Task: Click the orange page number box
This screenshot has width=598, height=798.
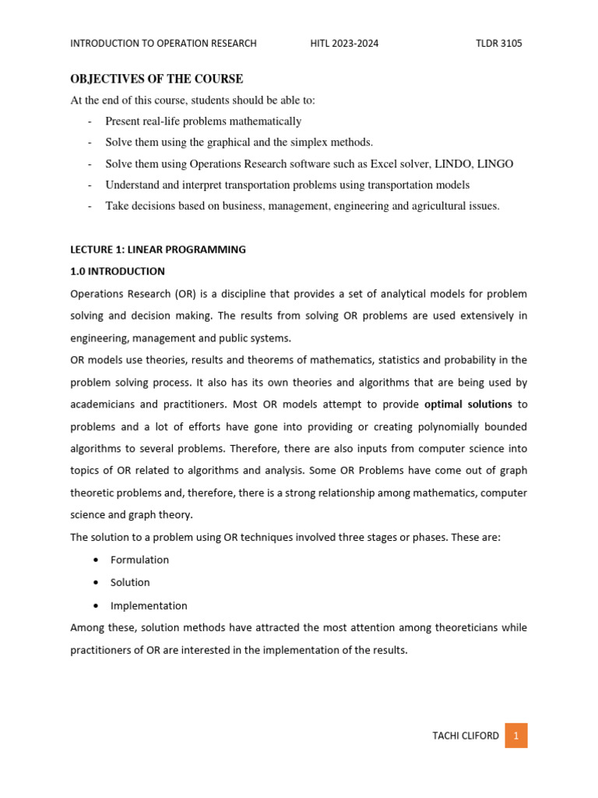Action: click(x=515, y=736)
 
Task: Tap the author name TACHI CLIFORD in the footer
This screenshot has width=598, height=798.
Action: click(x=465, y=736)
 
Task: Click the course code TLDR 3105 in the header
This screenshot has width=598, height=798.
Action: click(x=498, y=44)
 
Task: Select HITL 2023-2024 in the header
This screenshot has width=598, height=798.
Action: click(x=344, y=44)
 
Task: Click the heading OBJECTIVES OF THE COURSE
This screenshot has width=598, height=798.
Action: click(x=157, y=79)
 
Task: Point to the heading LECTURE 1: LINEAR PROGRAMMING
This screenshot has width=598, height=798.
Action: click(x=157, y=249)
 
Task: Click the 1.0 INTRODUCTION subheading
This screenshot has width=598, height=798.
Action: click(x=118, y=271)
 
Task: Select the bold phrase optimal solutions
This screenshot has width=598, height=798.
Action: click(x=468, y=404)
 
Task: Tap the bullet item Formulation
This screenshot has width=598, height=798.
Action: click(x=139, y=560)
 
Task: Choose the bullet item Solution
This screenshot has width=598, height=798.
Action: click(x=130, y=582)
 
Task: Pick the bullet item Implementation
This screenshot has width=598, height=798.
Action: click(x=149, y=606)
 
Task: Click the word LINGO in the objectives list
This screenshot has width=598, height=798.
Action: click(x=494, y=164)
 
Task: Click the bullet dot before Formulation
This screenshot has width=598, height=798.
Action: click(x=94, y=560)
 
